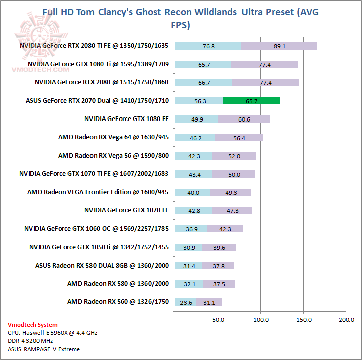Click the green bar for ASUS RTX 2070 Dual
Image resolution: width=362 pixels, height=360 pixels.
tap(251, 101)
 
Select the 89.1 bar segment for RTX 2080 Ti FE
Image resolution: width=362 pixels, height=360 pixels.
tap(279, 46)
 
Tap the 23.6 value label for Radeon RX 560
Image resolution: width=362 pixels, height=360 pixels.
tap(186, 302)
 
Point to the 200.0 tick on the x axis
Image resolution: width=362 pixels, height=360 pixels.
tap(346, 319)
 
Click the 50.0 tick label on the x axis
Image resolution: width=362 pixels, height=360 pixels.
tap(218, 319)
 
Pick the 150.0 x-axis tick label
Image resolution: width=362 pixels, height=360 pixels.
tap(304, 319)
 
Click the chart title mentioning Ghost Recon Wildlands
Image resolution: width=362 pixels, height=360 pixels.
tap(180, 18)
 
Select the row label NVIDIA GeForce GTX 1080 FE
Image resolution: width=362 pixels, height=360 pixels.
tap(127, 119)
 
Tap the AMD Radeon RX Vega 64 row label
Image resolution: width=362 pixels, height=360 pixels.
tap(114, 137)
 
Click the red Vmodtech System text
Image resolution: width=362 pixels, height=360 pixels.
tap(33, 325)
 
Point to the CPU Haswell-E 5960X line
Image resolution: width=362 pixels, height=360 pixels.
tap(45, 333)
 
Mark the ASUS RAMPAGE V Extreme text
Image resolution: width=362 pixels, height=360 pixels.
tap(44, 349)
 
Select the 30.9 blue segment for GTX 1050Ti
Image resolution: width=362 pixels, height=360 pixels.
tap(188, 247)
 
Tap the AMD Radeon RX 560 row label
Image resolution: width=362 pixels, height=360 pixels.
tap(118, 302)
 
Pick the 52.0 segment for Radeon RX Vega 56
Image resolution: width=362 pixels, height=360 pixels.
tap(234, 156)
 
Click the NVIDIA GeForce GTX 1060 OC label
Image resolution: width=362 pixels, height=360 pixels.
tap(97, 229)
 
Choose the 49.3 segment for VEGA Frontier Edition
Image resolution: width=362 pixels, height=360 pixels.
tap(230, 192)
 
